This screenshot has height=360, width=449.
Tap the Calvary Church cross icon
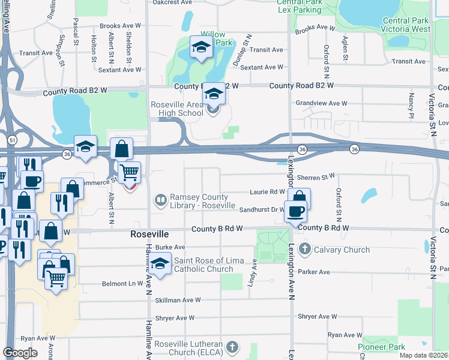pos(304,249)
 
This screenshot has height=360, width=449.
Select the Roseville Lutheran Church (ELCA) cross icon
pos(232,347)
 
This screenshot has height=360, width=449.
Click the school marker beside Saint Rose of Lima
pos(160,263)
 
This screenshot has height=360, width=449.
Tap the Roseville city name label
pos(149,234)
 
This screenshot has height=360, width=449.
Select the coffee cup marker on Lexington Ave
pos(295,211)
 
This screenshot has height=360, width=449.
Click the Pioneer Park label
pos(381,347)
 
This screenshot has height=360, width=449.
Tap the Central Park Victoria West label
pos(406,25)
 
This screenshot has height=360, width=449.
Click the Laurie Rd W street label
pos(267,192)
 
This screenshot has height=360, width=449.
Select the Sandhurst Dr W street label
pos(261,209)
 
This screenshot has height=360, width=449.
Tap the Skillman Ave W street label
pos(178,300)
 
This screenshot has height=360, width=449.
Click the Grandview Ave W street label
pos(322,103)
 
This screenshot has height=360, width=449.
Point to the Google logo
pos(20,353)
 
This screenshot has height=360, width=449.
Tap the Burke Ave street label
pos(170,247)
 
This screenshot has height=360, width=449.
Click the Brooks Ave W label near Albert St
pos(120,26)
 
